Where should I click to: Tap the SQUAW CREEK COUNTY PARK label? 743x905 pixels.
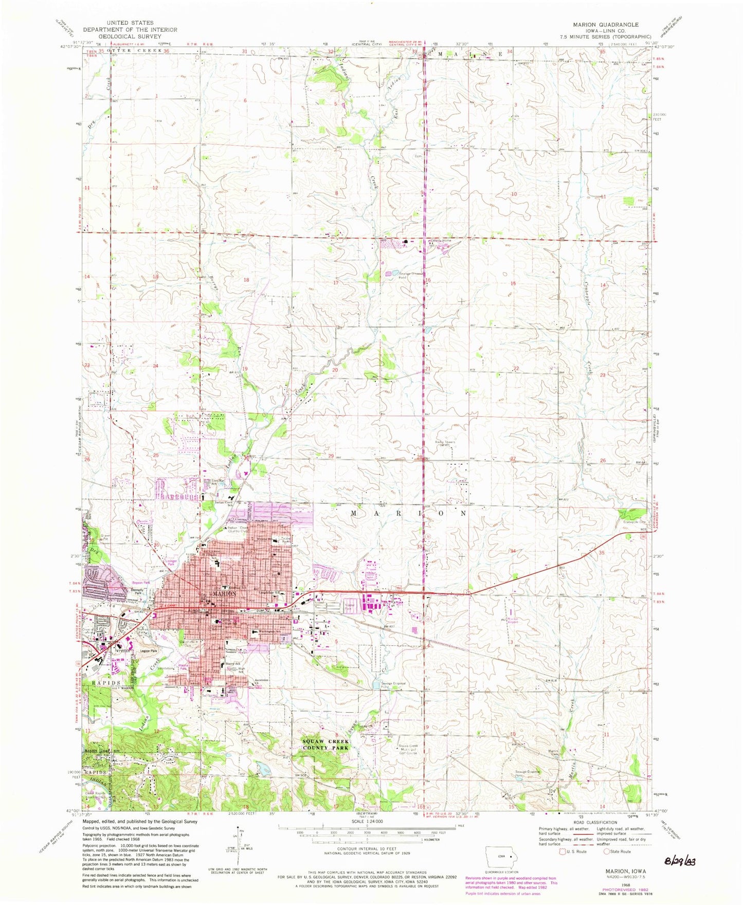pos(325,745)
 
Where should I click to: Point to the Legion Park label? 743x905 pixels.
pos(146,651)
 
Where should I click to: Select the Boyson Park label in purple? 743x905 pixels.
pos(140,583)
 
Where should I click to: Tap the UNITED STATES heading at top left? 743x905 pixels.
pos(130,23)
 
